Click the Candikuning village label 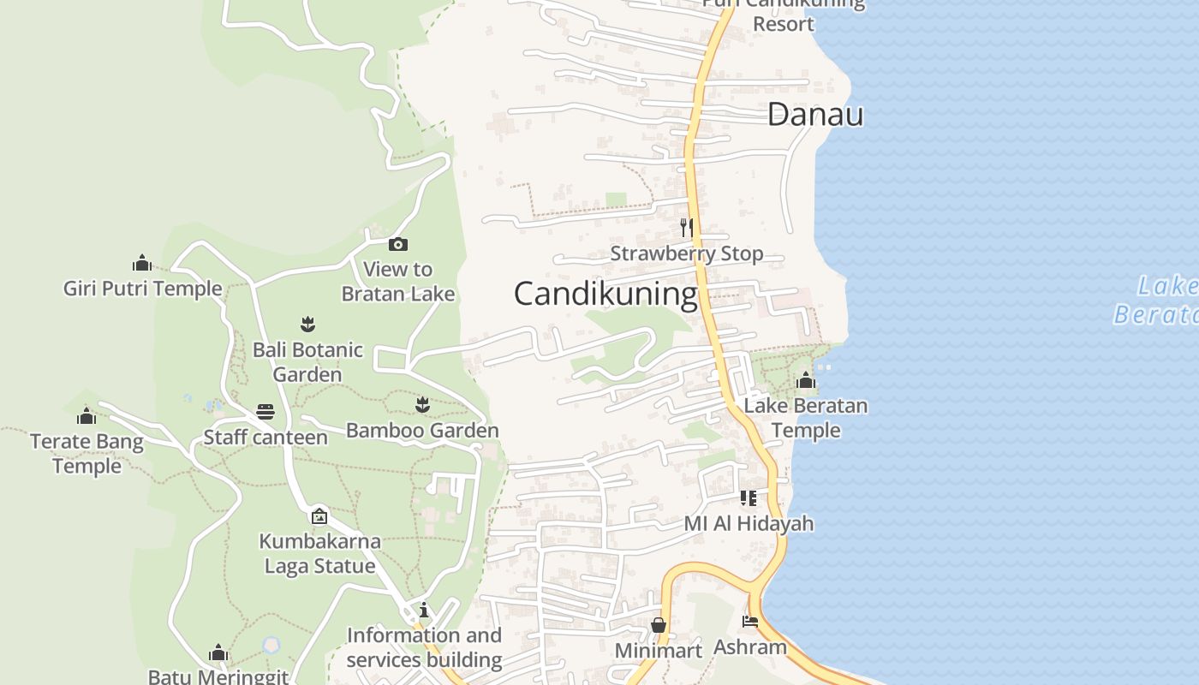pyautogui.click(x=605, y=294)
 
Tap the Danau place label pyautogui.click(x=814, y=115)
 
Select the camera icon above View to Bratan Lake pyautogui.click(x=397, y=245)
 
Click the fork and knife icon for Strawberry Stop pyautogui.click(x=686, y=227)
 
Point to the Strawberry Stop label pyautogui.click(x=686, y=253)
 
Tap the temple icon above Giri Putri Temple pyautogui.click(x=142, y=263)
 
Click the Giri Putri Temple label pyautogui.click(x=142, y=289)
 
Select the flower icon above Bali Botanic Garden pyautogui.click(x=307, y=324)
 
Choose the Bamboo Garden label pyautogui.click(x=422, y=430)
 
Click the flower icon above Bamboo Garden pyautogui.click(x=422, y=404)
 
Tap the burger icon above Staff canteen pyautogui.click(x=265, y=412)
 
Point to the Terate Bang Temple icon pyautogui.click(x=86, y=417)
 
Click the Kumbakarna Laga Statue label pyautogui.click(x=319, y=553)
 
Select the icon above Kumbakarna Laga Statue pyautogui.click(x=319, y=515)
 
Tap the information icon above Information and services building pyautogui.click(x=424, y=610)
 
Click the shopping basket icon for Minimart pyautogui.click(x=659, y=625)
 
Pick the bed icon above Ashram pyautogui.click(x=750, y=622)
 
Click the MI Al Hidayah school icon pyautogui.click(x=749, y=497)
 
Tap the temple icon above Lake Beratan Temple pyautogui.click(x=805, y=380)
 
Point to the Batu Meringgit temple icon pyautogui.click(x=218, y=654)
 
